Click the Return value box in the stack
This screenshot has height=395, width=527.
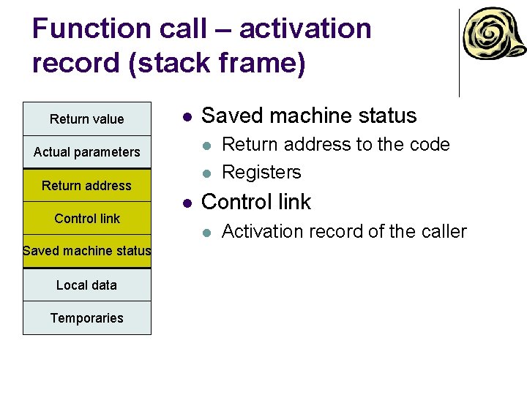(86, 119)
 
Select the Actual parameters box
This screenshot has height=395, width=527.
(86, 152)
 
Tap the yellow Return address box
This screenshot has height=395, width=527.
(86, 186)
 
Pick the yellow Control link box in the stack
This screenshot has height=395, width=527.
(86, 219)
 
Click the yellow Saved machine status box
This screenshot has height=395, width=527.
(86, 251)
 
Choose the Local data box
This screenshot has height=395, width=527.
(86, 285)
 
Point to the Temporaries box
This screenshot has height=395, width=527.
(86, 318)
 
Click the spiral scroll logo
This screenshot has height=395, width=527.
(493, 37)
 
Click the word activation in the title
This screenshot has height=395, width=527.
(305, 29)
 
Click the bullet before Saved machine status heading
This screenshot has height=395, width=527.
(188, 116)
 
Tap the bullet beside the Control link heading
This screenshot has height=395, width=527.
(188, 203)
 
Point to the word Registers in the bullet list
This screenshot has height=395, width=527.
(261, 173)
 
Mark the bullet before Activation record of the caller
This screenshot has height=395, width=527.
(208, 233)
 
